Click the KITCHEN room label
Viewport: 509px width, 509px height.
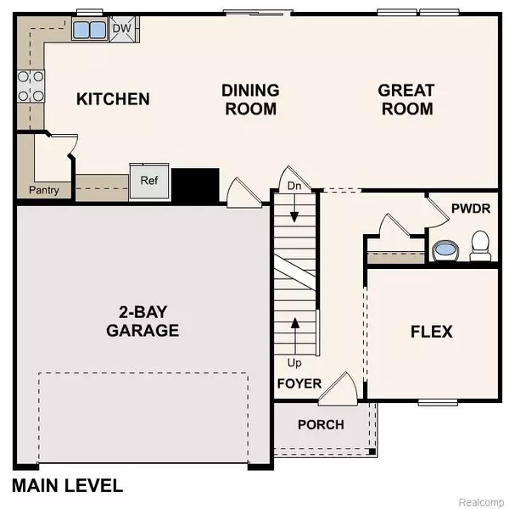(113, 99)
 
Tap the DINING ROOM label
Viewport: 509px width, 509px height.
(249, 99)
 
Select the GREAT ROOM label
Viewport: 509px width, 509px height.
(406, 99)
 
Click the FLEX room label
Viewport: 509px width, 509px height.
(431, 331)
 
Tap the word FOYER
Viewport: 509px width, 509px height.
(299, 383)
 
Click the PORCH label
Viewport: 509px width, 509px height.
(321, 424)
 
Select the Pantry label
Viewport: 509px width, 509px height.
(44, 190)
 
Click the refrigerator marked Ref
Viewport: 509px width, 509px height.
(149, 181)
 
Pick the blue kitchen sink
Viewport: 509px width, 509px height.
(87, 31)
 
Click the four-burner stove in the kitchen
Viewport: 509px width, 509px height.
(31, 86)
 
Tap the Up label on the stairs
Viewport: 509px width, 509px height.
(294, 362)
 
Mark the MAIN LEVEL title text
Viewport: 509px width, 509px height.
(68, 486)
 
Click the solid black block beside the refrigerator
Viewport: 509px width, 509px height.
(195, 184)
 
